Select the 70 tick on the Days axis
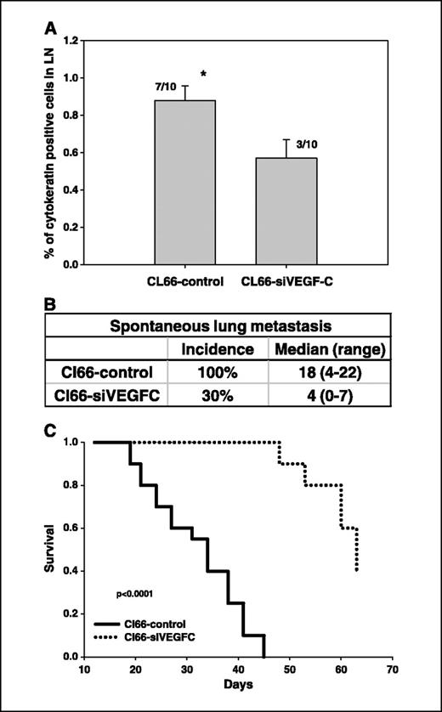[x=391, y=669]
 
